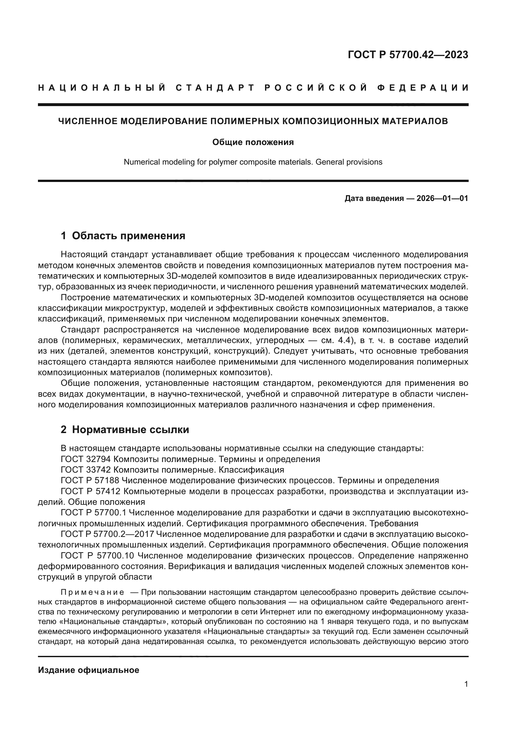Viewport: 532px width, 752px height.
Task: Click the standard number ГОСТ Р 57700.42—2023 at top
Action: (x=408, y=55)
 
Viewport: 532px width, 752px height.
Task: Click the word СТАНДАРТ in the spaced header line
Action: (x=215, y=88)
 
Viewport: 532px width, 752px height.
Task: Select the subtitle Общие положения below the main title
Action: (x=253, y=142)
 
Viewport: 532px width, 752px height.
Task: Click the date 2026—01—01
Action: (x=442, y=198)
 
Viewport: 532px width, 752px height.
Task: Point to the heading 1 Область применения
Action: (x=123, y=235)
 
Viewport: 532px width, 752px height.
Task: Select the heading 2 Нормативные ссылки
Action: (x=125, y=430)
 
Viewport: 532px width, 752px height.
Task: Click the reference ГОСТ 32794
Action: (x=86, y=459)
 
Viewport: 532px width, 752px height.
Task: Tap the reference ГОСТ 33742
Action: (x=86, y=470)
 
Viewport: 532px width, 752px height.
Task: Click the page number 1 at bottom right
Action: (x=466, y=684)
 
